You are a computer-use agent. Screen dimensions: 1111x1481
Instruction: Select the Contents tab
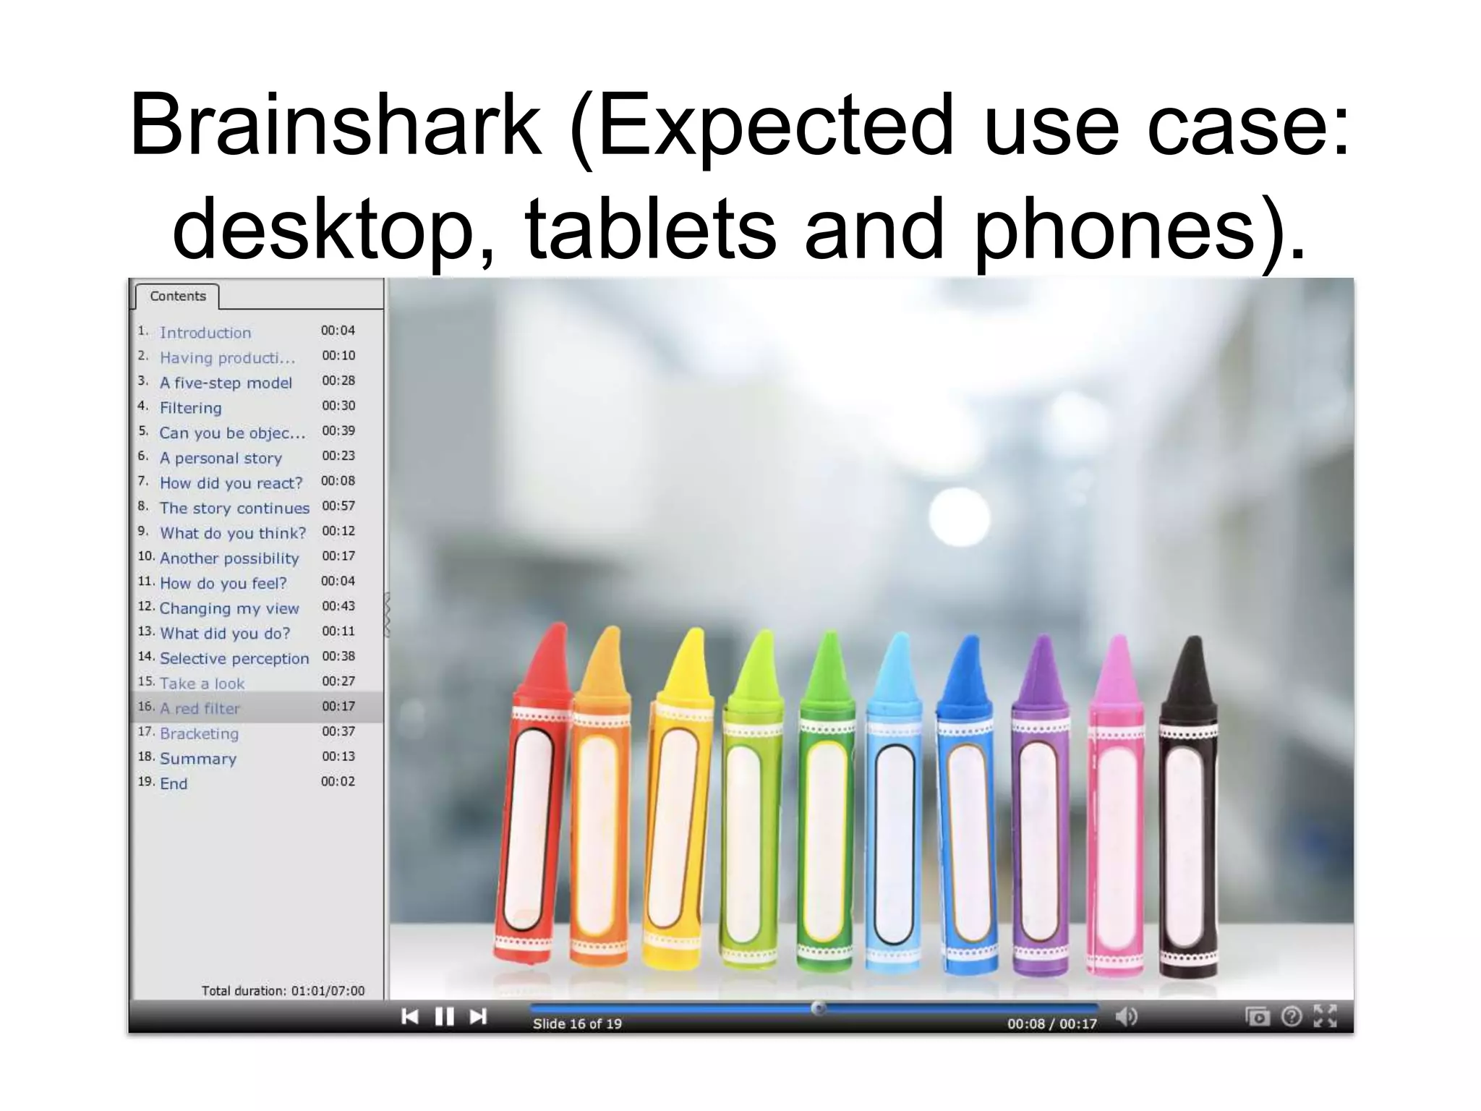177,296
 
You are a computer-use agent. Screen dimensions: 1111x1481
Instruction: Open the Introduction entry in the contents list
205,333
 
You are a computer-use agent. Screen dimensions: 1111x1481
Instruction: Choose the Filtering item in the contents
190,408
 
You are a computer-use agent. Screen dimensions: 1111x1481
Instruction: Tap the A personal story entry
221,458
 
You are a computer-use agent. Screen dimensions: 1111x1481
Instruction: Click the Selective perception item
234,658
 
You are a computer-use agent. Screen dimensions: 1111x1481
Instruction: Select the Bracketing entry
199,733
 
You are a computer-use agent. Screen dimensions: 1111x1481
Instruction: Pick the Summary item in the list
197,759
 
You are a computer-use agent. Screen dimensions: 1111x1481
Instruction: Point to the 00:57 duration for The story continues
338,506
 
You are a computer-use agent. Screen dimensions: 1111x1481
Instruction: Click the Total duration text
283,991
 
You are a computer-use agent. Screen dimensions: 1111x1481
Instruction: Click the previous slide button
410,1017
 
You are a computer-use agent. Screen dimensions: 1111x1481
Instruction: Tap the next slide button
478,1017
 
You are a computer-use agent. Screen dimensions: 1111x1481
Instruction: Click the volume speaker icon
1126,1017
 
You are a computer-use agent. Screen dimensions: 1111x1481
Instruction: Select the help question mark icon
1291,1017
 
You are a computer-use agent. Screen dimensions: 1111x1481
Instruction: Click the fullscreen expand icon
1325,1016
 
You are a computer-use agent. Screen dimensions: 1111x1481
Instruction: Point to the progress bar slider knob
818,1008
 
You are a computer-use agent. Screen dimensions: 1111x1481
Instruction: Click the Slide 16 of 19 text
577,1023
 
